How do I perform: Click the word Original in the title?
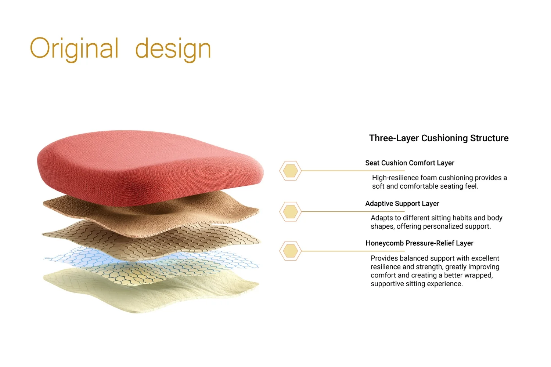click(x=74, y=50)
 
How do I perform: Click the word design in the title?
click(x=173, y=50)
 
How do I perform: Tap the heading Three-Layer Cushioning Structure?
click(x=439, y=138)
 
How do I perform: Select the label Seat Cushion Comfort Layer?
click(x=410, y=163)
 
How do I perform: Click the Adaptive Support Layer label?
click(x=402, y=204)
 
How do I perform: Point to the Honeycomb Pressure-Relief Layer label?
click(x=419, y=243)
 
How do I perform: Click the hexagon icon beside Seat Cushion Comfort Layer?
click(x=290, y=171)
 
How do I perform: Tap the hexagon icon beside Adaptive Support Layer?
click(x=290, y=211)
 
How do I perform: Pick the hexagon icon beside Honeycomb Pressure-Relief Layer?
click(x=290, y=251)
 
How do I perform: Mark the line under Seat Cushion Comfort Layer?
click(x=353, y=171)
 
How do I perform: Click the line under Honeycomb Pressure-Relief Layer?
click(x=353, y=251)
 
